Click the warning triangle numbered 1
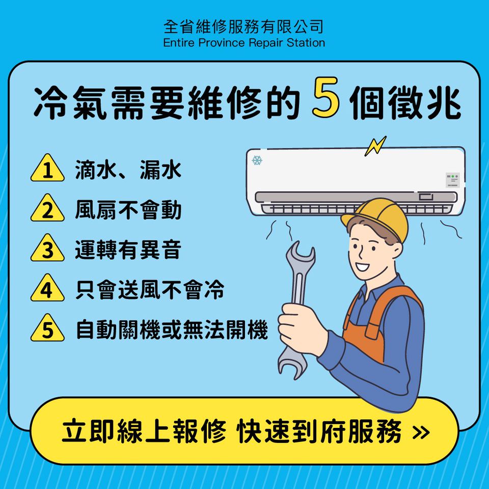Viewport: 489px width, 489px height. tap(47, 169)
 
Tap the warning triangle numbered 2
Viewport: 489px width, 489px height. tap(47, 209)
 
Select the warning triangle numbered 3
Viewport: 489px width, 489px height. tap(47, 249)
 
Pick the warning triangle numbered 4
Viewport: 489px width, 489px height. tap(47, 288)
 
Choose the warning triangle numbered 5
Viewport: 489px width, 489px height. tap(47, 329)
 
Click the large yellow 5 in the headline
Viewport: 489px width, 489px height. tap(325, 97)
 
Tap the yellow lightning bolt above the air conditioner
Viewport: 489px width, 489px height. tap(375, 146)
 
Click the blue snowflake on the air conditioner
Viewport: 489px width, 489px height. tap(257, 160)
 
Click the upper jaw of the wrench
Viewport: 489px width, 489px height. tap(300, 255)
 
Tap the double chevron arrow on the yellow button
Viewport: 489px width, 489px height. tap(421, 432)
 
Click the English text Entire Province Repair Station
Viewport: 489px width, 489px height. tap(244, 43)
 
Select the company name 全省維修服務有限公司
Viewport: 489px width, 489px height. tap(243, 26)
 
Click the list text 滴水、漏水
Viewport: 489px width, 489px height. tap(128, 170)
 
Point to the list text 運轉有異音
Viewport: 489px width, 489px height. tap(128, 250)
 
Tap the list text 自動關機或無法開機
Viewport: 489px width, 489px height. tap(172, 330)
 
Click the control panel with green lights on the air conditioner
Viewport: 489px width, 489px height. tap(452, 180)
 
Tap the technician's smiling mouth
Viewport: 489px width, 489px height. tap(363, 266)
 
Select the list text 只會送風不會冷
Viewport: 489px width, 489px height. tap(150, 290)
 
